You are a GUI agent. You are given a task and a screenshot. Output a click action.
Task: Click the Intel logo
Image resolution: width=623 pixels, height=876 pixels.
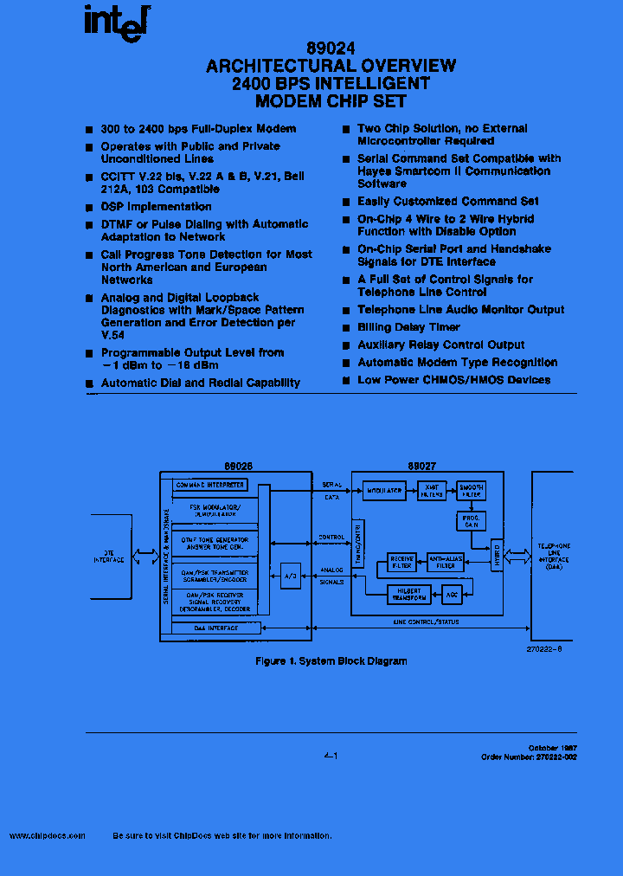[x=116, y=23]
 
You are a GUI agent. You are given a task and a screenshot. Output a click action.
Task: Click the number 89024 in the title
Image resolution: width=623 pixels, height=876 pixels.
[x=331, y=50]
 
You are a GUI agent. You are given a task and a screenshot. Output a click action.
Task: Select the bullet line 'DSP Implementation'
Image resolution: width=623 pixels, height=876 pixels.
[x=156, y=207]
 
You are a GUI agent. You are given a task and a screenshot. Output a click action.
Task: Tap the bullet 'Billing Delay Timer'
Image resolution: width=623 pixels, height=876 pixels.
[x=409, y=327]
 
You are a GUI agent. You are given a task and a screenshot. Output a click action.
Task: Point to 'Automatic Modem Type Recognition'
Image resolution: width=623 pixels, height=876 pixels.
[x=457, y=363]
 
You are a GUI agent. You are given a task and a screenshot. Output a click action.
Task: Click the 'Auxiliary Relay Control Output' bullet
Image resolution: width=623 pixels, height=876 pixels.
[x=441, y=345]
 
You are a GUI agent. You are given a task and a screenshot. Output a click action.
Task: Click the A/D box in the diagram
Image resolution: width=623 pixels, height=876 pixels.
[x=290, y=576]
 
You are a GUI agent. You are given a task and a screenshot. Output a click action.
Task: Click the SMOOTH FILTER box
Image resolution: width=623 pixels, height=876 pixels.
[x=471, y=491]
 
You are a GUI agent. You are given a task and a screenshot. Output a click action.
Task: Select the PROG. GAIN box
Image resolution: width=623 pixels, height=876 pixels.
[x=471, y=520]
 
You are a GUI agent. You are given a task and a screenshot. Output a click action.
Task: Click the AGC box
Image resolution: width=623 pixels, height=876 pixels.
[x=451, y=595]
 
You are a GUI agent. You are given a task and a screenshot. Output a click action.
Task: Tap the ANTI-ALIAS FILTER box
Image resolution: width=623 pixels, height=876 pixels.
[x=445, y=562]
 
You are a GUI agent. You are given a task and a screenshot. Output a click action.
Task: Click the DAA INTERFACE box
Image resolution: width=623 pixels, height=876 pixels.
[x=215, y=628]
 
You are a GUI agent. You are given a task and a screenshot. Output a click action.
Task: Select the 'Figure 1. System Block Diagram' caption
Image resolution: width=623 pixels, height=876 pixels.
[x=331, y=661]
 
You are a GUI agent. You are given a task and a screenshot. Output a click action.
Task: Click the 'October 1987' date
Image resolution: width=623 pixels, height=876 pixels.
[x=553, y=747]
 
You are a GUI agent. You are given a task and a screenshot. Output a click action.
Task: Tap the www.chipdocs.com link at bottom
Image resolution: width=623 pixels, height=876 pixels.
[x=48, y=836]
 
